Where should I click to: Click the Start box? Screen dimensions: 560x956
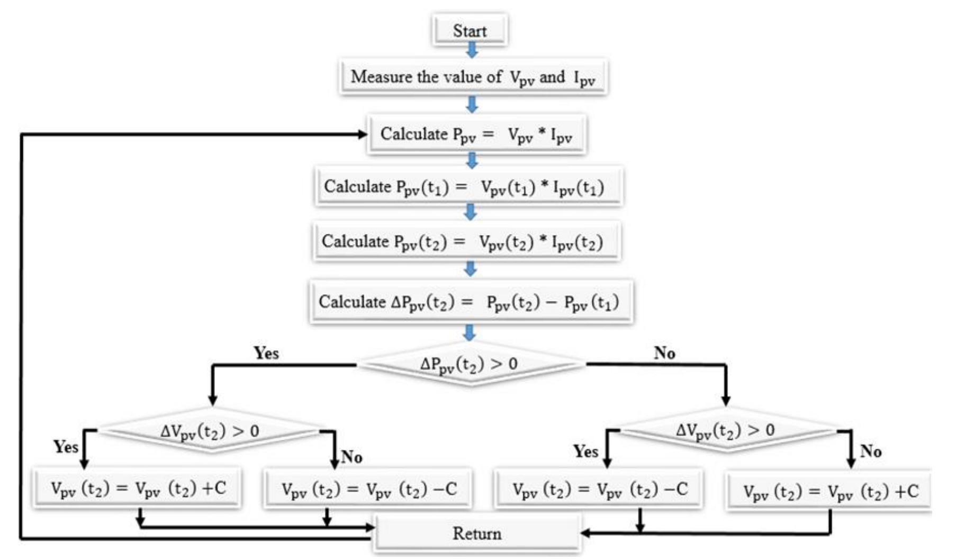pyautogui.click(x=470, y=31)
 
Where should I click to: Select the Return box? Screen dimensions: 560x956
pyautogui.click(x=476, y=534)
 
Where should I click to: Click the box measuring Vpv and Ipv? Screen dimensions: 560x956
pyautogui.click(x=473, y=77)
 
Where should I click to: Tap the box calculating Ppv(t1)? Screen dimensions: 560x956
pyautogui.click(x=468, y=187)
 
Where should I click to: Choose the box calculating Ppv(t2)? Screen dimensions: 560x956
pyautogui.click(x=466, y=242)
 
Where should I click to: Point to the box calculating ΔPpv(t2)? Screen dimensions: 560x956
pyautogui.click(x=470, y=302)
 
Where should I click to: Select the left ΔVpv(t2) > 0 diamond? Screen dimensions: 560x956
pyautogui.click(x=211, y=431)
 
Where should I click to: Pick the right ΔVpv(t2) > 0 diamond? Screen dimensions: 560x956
pyautogui.click(x=726, y=430)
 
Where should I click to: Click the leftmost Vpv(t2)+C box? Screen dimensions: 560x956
pyautogui.click(x=138, y=488)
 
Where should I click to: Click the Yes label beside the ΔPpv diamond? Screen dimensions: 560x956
pyautogui.click(x=266, y=353)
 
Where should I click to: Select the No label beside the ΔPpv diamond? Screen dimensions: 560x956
pyautogui.click(x=664, y=353)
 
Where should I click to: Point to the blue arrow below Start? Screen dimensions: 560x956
pyautogui.click(x=472, y=50)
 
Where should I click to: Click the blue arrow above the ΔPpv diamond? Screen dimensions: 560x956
pyautogui.click(x=469, y=333)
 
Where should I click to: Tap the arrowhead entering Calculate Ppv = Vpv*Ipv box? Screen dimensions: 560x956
pyautogui.click(x=362, y=134)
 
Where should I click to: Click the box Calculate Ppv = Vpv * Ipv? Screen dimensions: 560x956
pyautogui.click(x=476, y=134)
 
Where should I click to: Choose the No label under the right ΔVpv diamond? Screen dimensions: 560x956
pyautogui.click(x=871, y=451)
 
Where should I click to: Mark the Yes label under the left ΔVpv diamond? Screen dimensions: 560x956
pyautogui.click(x=66, y=447)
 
